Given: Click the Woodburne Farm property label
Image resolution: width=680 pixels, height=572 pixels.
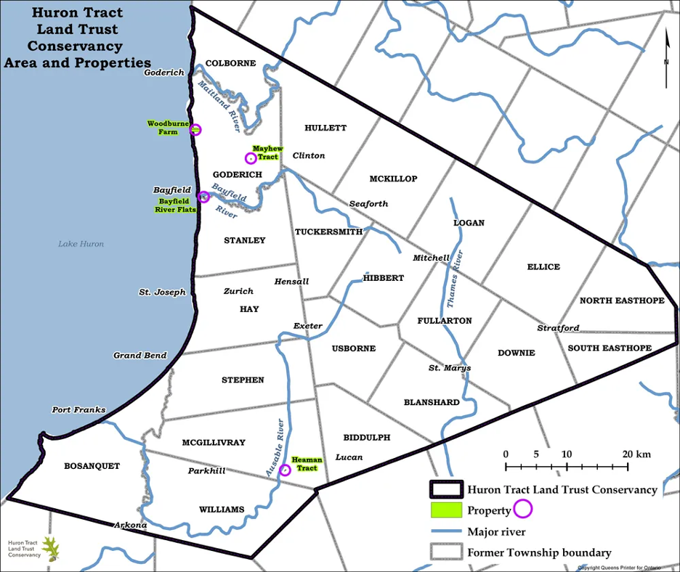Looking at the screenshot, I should [x=163, y=128].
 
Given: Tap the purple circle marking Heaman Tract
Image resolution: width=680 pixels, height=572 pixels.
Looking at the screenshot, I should [x=285, y=470].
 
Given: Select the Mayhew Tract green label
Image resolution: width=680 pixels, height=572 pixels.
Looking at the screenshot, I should [x=267, y=152].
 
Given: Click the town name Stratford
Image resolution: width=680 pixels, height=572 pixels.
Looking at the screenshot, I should [x=558, y=328].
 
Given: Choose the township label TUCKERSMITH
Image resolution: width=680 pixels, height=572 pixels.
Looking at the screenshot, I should [x=328, y=232].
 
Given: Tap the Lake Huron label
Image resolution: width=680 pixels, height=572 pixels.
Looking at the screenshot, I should [x=81, y=244].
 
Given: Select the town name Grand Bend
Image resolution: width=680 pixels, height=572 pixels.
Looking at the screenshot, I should [x=140, y=356].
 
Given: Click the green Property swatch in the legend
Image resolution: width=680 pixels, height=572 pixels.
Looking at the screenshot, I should [x=445, y=510].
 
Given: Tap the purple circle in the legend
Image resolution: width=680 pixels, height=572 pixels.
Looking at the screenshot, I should [x=523, y=509].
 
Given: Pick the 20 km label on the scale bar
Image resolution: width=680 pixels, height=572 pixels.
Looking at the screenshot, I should [x=637, y=454].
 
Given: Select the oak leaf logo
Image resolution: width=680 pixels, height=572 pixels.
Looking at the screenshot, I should [x=52, y=549].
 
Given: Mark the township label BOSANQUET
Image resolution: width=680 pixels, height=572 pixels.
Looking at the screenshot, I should [x=92, y=466].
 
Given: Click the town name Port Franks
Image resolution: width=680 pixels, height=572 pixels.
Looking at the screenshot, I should [x=78, y=410].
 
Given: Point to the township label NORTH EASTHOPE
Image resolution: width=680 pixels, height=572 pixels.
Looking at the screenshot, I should [x=622, y=301].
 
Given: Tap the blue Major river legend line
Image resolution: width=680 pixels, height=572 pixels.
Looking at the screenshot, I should [x=445, y=531].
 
